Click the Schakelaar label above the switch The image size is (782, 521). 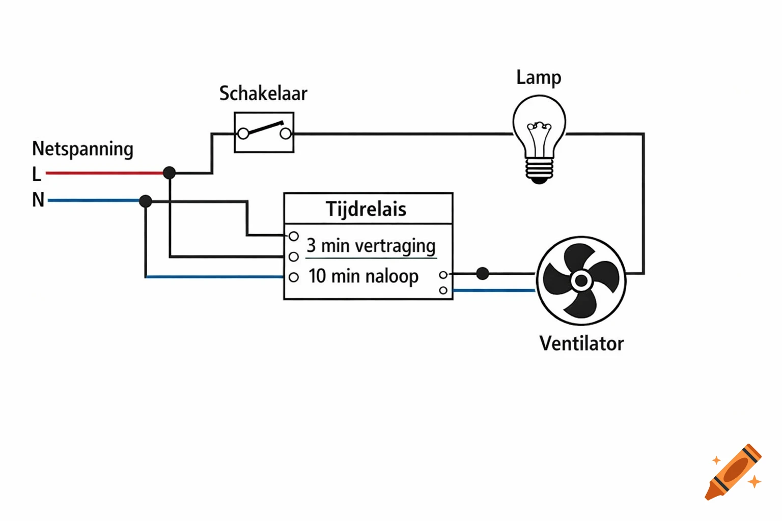(263, 94)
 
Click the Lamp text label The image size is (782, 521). (539, 77)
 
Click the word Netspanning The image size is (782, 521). (82, 149)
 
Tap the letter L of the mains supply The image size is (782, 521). (37, 175)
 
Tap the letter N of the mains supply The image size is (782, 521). (38, 200)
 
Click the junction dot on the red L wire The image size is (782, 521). (170, 173)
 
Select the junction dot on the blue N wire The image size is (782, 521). (146, 201)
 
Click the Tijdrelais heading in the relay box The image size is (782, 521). (366, 209)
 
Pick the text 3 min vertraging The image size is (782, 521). (371, 246)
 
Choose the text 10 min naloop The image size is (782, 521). (363, 276)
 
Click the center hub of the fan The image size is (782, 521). (581, 280)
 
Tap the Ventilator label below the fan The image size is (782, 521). (581, 343)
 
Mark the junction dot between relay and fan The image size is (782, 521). (483, 274)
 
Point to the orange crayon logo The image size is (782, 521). (734, 472)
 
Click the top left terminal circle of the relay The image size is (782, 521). (294, 237)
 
